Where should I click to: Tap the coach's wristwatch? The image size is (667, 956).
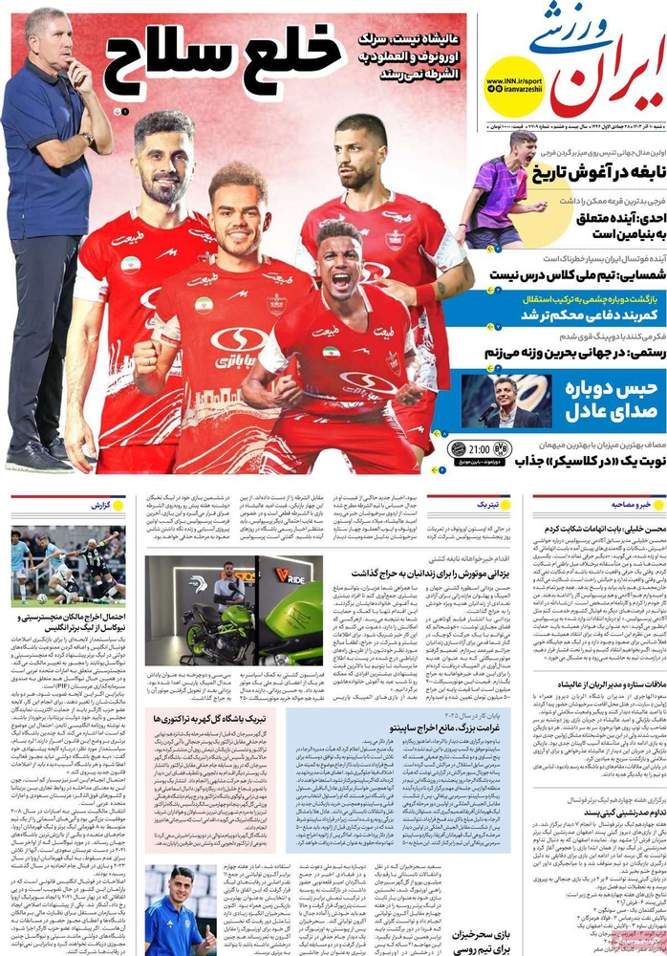(x=89, y=140)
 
